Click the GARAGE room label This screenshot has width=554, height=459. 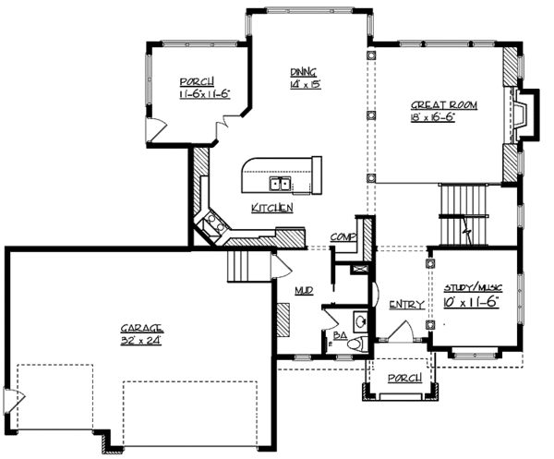tap(141, 328)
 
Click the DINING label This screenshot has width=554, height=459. tap(303, 71)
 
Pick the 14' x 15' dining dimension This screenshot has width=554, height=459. tap(303, 83)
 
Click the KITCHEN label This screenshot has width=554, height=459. tap(272, 209)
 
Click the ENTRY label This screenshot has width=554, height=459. tap(406, 305)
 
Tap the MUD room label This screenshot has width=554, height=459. tap(304, 290)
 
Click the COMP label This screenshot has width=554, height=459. tap(343, 237)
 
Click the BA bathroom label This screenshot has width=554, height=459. tap(339, 337)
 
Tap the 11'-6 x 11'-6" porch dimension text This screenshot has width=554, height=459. tap(204, 93)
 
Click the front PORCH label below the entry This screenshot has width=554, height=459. tap(404, 380)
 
